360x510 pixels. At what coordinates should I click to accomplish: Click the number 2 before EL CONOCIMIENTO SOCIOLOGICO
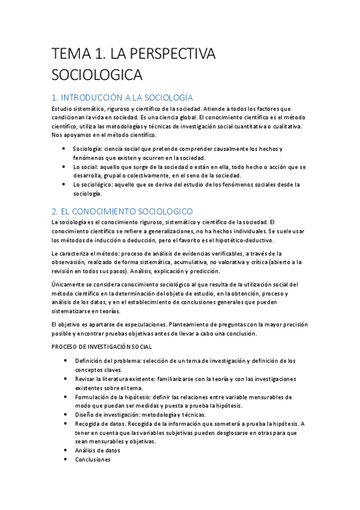tap(55, 211)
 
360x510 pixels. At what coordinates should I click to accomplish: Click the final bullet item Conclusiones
tap(93, 459)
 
